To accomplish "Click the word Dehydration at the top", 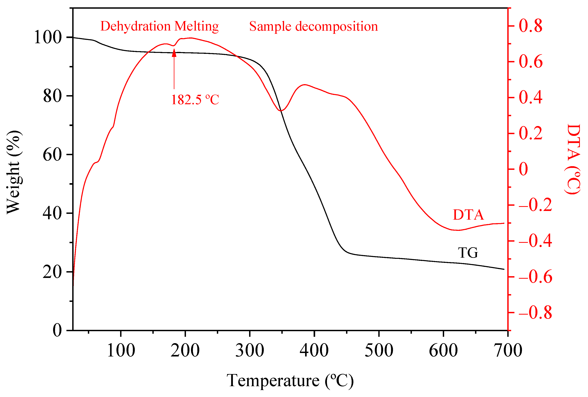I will coord(136,26).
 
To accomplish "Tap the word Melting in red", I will coord(197,26).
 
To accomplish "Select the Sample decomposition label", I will coord(313,26).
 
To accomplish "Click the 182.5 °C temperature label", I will coord(195,100).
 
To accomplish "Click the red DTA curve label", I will coord(468,215).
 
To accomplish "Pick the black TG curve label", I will coord(468,253).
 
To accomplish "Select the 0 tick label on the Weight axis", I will coord(57,330).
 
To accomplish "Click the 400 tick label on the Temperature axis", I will coord(314,350).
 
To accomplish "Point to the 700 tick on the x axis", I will coord(508,350).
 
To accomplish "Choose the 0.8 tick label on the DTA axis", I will coord(531,26).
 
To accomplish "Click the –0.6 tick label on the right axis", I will coord(535,277).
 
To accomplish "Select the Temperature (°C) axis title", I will coord(290,381).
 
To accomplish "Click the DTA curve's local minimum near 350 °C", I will coord(281,111).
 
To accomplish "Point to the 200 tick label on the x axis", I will coord(185,350).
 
